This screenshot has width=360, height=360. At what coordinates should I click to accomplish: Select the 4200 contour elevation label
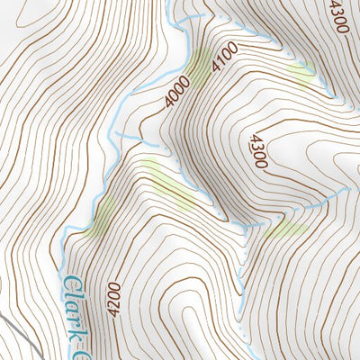point(112,297)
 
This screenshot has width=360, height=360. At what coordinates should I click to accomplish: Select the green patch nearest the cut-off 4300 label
point(300,70)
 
